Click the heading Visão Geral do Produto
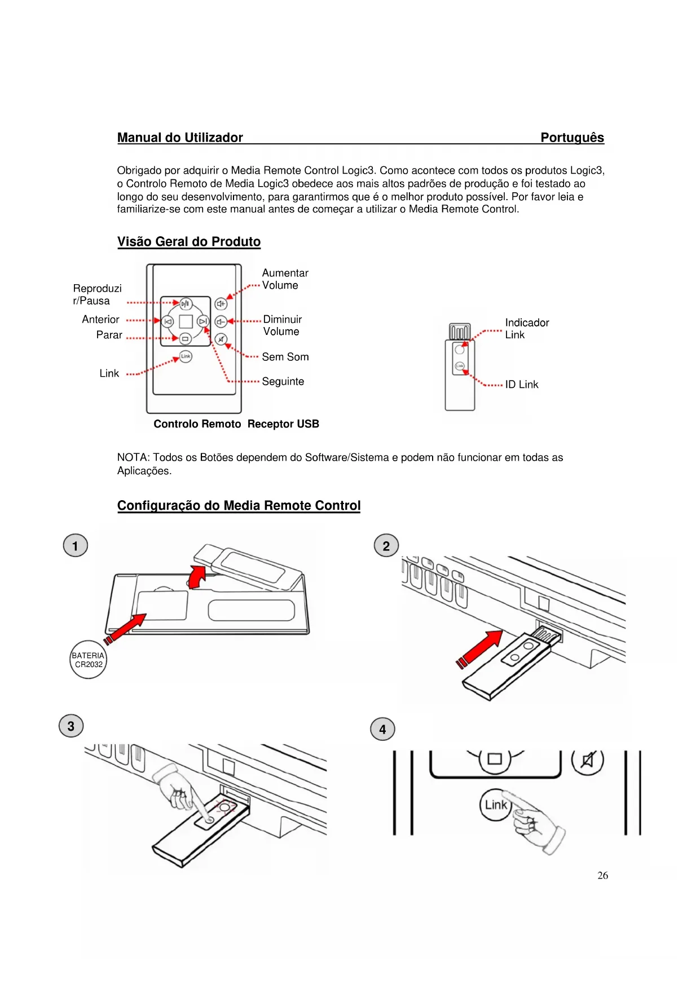(x=188, y=242)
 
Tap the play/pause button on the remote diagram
(x=186, y=304)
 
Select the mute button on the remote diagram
(x=221, y=339)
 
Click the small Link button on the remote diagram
(x=186, y=356)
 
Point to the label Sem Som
(x=285, y=357)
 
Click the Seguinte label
(x=283, y=382)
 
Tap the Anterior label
(x=100, y=320)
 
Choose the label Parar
(x=109, y=335)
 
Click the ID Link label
(x=521, y=385)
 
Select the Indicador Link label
(x=526, y=329)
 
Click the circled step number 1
(x=75, y=546)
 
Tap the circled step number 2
(x=386, y=546)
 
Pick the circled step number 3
(x=71, y=726)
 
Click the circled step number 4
(x=382, y=729)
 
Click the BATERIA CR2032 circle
(x=88, y=660)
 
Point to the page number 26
(x=602, y=876)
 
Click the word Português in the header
(x=572, y=138)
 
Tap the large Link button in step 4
(x=495, y=805)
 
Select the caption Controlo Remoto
(x=197, y=424)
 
